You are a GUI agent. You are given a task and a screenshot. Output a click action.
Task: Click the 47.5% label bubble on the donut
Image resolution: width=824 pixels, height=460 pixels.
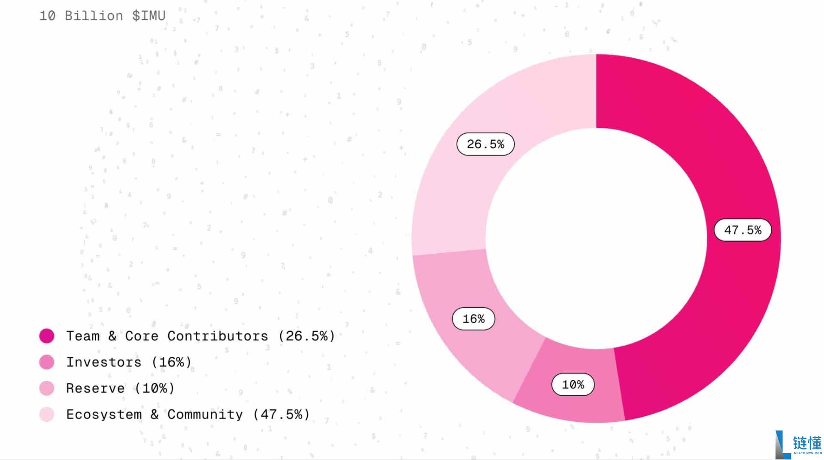click(x=742, y=230)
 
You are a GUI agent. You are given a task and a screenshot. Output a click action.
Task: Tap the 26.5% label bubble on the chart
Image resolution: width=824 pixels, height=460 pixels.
click(x=485, y=144)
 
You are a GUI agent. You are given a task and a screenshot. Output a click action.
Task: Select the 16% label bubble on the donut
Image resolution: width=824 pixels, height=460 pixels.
click(x=473, y=319)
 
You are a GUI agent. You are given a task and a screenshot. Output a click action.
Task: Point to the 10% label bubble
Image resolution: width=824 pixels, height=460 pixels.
click(x=573, y=385)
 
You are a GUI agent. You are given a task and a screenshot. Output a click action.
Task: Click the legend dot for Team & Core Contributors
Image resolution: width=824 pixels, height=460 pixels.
click(x=47, y=336)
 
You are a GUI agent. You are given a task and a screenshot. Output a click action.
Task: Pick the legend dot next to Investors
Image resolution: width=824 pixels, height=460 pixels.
click(x=47, y=362)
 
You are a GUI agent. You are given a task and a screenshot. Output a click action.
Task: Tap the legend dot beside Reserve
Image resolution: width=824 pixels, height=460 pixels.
click(x=47, y=388)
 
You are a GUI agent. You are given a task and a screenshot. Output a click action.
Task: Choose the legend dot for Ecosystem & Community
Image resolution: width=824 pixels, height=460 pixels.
click(x=47, y=415)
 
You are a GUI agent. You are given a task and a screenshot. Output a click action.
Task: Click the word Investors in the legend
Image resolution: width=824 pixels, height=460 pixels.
click(x=104, y=362)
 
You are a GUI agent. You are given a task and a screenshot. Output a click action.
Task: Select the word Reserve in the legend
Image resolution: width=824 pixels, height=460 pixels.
click(x=95, y=388)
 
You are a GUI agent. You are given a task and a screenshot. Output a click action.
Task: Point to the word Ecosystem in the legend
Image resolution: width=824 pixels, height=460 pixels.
click(x=104, y=415)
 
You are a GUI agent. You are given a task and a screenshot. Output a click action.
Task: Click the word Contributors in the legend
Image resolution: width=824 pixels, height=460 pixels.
click(x=218, y=336)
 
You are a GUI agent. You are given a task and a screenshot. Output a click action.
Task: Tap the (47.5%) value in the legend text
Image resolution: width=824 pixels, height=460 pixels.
click(x=281, y=415)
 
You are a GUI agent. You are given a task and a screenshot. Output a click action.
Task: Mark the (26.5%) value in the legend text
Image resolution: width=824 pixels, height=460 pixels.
click(x=306, y=336)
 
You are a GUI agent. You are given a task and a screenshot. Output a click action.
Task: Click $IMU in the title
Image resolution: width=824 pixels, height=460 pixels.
click(x=149, y=16)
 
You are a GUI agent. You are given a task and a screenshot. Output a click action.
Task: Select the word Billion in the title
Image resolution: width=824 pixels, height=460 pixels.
click(x=94, y=16)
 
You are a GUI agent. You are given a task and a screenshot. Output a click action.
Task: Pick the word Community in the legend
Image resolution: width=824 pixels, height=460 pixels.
click(x=205, y=415)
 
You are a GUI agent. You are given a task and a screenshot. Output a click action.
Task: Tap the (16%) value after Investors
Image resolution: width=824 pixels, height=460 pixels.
click(x=171, y=362)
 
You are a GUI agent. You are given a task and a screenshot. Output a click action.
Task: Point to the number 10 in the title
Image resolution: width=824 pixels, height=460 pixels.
click(x=47, y=16)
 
